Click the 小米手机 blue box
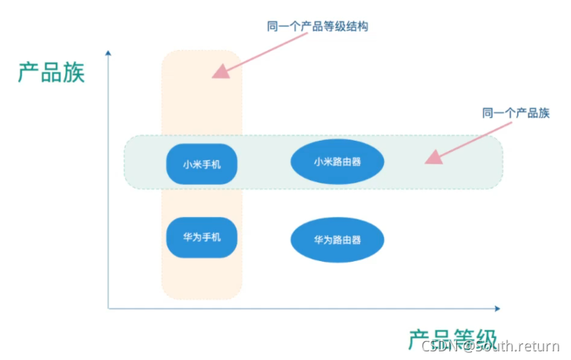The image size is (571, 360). click(202, 164)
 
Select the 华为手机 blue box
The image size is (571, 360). click(202, 237)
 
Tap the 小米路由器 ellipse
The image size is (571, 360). click(337, 162)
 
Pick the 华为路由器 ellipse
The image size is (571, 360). click(337, 239)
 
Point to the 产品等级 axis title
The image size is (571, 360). click(452, 339)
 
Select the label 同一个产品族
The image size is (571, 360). click(515, 114)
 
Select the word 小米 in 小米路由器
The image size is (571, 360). click(323, 162)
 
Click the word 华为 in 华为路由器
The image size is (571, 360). click(323, 239)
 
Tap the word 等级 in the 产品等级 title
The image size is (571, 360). click(474, 339)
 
